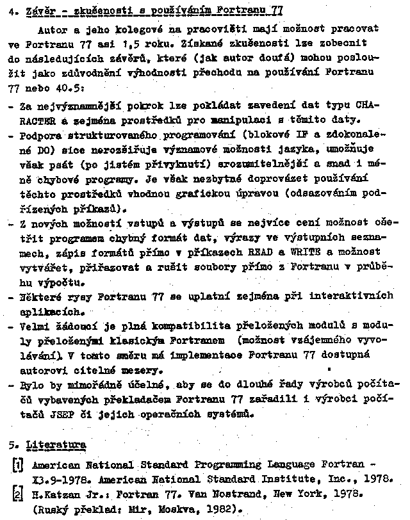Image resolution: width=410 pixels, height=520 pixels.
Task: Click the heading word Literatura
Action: point(56,444)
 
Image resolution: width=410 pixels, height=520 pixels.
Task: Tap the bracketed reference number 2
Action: point(17,494)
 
